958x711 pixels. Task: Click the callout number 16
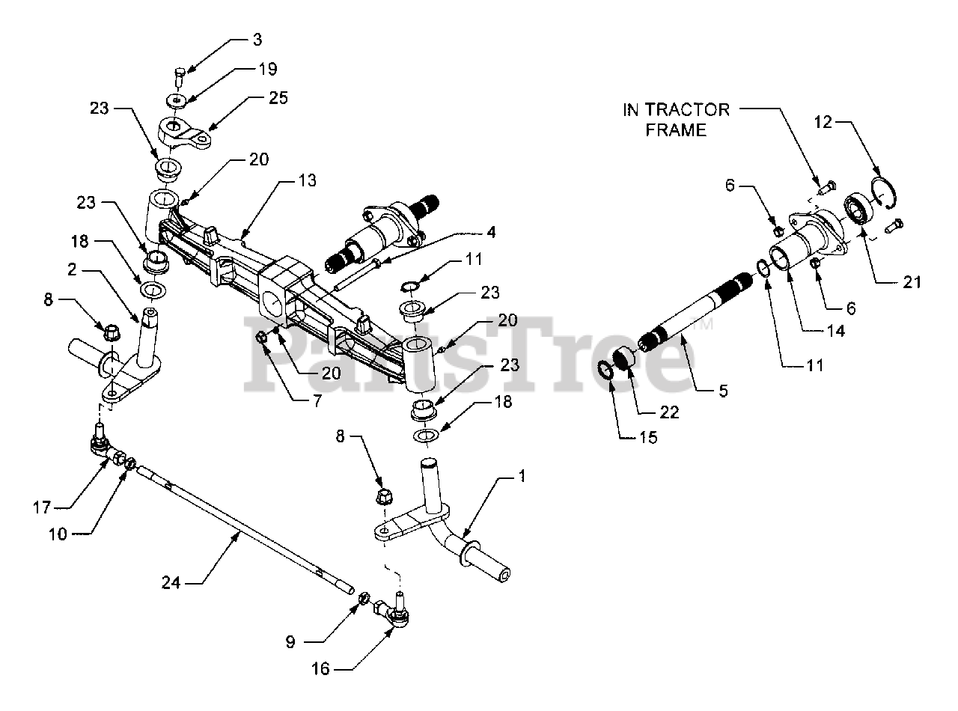point(320,668)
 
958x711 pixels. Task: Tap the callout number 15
point(648,437)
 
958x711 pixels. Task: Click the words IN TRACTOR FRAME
point(676,120)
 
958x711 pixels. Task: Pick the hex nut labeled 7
point(262,338)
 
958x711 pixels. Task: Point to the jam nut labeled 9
point(363,597)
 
